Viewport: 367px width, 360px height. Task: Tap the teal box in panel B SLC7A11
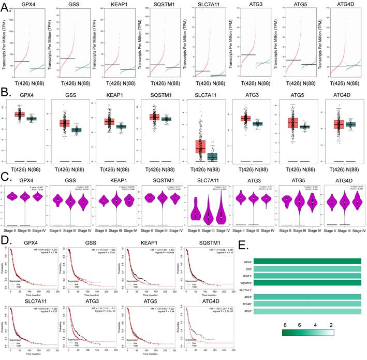(212, 156)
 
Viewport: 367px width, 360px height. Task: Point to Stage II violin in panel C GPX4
(10, 197)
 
